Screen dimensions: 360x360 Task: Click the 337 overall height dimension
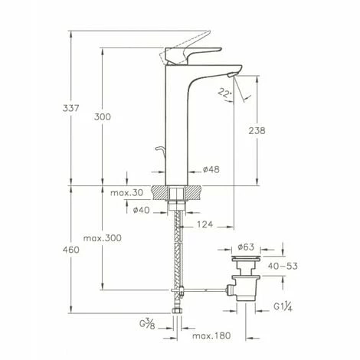coord(71,108)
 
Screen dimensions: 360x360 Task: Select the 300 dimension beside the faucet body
coord(103,117)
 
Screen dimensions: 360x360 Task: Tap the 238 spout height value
coord(257,131)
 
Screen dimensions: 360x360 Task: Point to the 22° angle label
coord(224,93)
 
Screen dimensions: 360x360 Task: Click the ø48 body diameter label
coord(211,169)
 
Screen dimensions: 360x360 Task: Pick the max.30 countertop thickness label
coord(126,193)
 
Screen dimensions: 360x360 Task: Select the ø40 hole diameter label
coord(141,210)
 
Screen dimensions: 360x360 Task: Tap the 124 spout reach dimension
coord(205,224)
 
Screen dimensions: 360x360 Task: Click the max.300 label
coord(103,238)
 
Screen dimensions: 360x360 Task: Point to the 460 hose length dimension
coord(71,250)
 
